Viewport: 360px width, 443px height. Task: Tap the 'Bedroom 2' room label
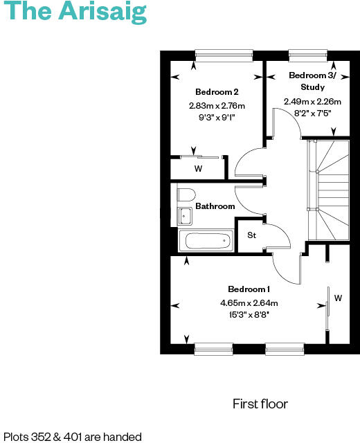[x=217, y=92]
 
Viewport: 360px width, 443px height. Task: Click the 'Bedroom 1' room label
[x=249, y=289]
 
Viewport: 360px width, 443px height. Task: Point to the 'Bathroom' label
[x=215, y=206]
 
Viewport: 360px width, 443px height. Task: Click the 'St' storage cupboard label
[x=252, y=235]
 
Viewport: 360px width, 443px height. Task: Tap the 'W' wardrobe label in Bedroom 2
[x=198, y=168]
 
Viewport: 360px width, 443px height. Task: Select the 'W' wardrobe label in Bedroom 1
[x=339, y=298]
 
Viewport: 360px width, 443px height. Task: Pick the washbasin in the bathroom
[x=184, y=216]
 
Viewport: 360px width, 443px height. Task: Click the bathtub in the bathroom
[x=205, y=242]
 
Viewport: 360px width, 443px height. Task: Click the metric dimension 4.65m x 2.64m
[x=249, y=302]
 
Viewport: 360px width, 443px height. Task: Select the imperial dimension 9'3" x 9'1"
[x=217, y=117]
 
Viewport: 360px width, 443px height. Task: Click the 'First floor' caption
[x=260, y=404]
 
